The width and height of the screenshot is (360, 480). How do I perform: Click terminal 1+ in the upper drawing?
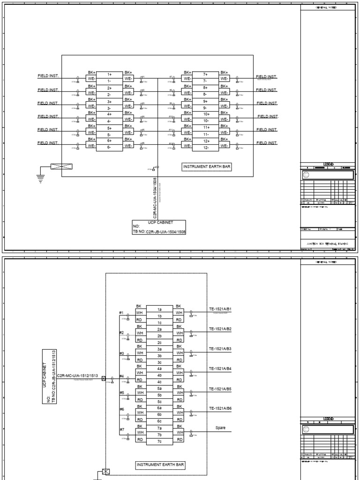click(109, 74)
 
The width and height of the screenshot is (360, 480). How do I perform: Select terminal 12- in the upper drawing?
click(205, 148)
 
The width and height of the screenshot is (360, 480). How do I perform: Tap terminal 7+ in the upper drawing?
click(205, 74)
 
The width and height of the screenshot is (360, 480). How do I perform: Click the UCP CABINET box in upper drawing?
click(159, 227)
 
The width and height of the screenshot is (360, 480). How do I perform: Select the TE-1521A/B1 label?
click(220, 309)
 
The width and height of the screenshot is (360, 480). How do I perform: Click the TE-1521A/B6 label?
click(220, 409)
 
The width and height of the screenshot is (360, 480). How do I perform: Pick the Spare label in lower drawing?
click(220, 428)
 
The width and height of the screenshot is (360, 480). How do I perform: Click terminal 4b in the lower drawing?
click(159, 375)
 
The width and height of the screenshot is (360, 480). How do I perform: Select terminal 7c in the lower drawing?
click(159, 442)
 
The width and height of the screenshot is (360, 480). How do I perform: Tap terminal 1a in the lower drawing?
click(159, 309)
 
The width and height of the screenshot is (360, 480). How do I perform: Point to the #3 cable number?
click(121, 353)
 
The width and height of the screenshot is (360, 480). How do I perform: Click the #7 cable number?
click(121, 429)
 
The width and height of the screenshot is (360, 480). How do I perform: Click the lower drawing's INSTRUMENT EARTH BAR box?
click(161, 465)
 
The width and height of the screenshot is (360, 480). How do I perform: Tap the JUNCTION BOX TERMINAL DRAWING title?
click(327, 244)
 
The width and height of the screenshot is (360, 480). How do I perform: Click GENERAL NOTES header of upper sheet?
click(327, 8)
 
